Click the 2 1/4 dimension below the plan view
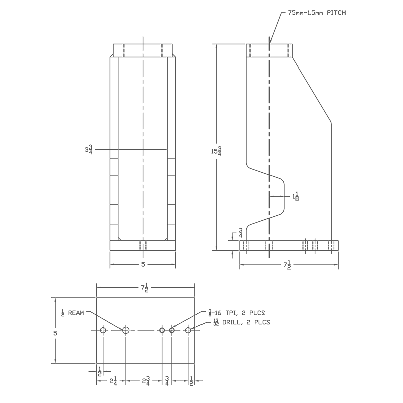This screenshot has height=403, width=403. [x=113, y=381]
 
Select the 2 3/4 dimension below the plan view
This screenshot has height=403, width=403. [x=145, y=381]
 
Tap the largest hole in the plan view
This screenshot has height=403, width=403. [x=126, y=330]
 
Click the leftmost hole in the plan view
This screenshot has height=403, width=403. [x=103, y=330]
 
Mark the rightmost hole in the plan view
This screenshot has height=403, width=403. [x=188, y=330]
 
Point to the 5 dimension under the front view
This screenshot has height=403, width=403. [x=143, y=264]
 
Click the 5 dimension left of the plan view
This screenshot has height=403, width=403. [x=56, y=333]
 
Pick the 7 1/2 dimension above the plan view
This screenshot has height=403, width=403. [x=145, y=288]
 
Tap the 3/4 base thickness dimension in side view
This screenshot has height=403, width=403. [x=241, y=233]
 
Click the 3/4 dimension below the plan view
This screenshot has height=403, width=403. [x=167, y=381]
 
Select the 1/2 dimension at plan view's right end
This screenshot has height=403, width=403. [x=191, y=381]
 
